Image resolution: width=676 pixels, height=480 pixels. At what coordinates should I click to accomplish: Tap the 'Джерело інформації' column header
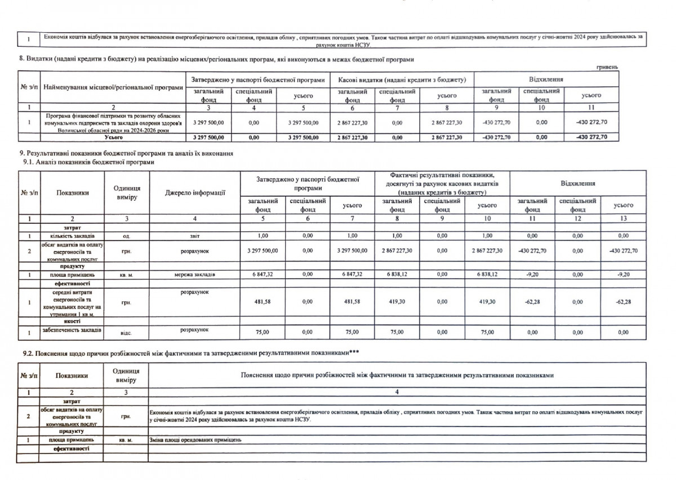(195, 193)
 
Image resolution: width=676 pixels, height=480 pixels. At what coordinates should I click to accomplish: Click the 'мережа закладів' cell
(194, 274)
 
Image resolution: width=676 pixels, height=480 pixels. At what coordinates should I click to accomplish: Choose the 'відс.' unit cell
(126, 333)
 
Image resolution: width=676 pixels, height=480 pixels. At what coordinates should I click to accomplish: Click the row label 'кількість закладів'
(72, 235)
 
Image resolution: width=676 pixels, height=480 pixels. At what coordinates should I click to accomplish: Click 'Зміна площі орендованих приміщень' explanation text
(195, 439)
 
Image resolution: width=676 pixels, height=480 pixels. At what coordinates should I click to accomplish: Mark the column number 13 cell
(622, 218)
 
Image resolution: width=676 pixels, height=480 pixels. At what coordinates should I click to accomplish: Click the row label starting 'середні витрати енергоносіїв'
(72, 302)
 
